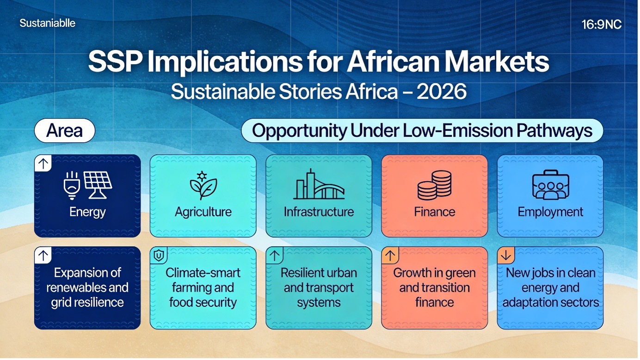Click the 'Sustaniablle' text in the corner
point(48,23)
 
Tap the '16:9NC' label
point(602,24)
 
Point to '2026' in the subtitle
point(442,92)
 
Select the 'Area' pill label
point(64,130)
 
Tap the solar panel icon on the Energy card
point(98,185)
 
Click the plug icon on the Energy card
point(71,185)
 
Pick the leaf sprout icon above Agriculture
point(203,185)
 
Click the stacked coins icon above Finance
point(434,185)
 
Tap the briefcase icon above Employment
point(550,185)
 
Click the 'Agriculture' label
point(203,212)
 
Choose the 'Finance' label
point(434,212)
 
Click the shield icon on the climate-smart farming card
point(159,255)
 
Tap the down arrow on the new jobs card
point(506,255)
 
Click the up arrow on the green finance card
point(390,255)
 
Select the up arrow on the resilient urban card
point(274,255)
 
